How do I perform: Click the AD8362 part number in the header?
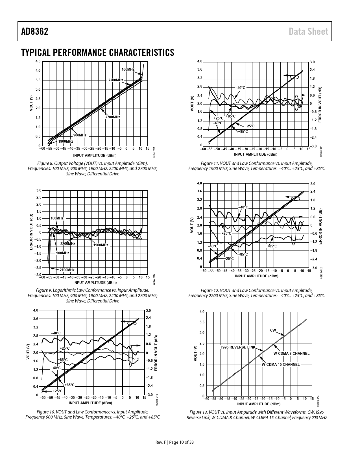(x=34, y=31)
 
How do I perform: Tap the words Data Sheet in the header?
(x=309, y=31)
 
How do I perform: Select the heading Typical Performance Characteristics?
(x=97, y=53)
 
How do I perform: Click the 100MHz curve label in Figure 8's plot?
(x=128, y=69)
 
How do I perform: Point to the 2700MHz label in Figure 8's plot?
(x=113, y=117)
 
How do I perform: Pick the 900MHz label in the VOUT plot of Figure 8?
(x=80, y=135)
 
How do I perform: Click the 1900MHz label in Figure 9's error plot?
(x=101, y=245)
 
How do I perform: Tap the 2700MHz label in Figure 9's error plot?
(x=67, y=270)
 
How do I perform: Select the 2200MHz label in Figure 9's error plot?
(x=68, y=243)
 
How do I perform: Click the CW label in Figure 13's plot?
(x=273, y=330)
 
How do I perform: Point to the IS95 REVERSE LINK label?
(x=238, y=347)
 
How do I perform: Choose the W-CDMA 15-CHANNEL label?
(x=280, y=364)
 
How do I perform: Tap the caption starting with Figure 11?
(x=256, y=166)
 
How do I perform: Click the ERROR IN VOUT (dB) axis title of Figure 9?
(x=31, y=232)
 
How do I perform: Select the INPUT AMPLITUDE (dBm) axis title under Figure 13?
(x=259, y=404)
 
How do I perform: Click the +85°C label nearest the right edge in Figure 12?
(x=272, y=246)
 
